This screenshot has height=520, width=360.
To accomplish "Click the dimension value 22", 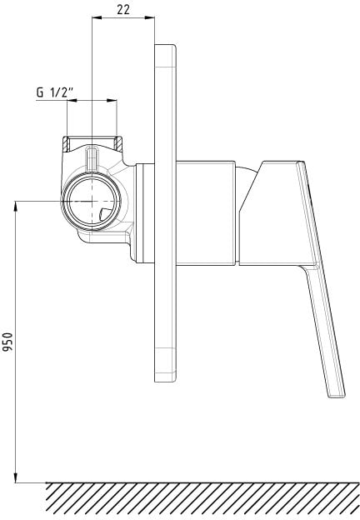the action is pyautogui.click(x=123, y=10).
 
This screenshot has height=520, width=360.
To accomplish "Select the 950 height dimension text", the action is pyautogui.click(x=7, y=342).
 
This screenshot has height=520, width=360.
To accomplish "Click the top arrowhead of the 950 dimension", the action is pyautogui.click(x=15, y=206).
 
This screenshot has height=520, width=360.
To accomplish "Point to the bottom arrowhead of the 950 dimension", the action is pyautogui.click(x=15, y=477).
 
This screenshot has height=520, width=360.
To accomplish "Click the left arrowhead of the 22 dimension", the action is pyautogui.click(x=97, y=17).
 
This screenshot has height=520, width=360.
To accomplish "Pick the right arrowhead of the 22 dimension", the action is pyautogui.click(x=149, y=17).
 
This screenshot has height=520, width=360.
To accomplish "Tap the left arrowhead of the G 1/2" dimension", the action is pyautogui.click(x=72, y=100).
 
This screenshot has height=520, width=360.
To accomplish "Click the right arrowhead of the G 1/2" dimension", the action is pyautogui.click(x=112, y=100).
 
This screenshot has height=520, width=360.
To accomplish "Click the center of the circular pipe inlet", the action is pyautogui.click(x=92, y=202).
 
